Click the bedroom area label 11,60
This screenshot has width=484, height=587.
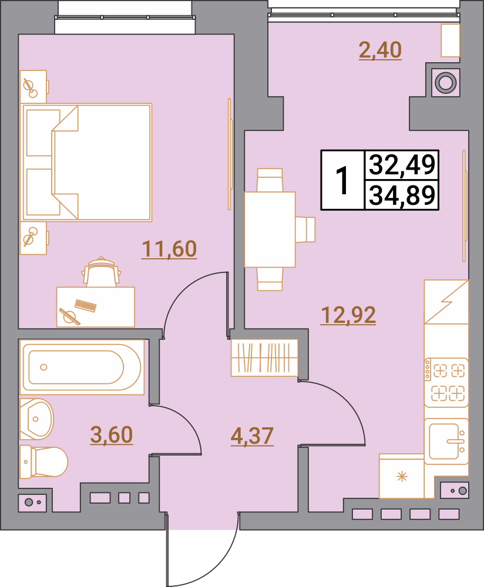pos(169,249)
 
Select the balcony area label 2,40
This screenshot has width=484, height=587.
pos(380,50)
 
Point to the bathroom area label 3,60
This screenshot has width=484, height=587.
pos(112,434)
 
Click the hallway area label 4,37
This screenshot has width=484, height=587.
pos(252,436)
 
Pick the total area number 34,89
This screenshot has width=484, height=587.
pos(402,195)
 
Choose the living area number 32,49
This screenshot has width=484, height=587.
pos(402,164)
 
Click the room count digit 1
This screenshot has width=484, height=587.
pos(342,180)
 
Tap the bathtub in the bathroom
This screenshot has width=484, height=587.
pos(82,367)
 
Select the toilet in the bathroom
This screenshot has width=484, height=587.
pos(43,461)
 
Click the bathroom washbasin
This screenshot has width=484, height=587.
pos(36,419)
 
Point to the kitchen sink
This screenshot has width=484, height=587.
pos(446,441)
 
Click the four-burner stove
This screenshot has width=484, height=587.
pos(446,382)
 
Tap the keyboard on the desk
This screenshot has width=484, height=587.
pos(86,306)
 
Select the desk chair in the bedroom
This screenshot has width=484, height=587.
pos(101,272)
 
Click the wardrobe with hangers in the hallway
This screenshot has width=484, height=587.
pos(264,357)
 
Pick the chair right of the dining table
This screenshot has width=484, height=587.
pos(305,230)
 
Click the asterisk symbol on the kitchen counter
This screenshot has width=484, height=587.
pos(402,477)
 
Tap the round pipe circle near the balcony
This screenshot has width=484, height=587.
pos(445,82)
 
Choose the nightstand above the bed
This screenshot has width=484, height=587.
pos(33,86)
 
